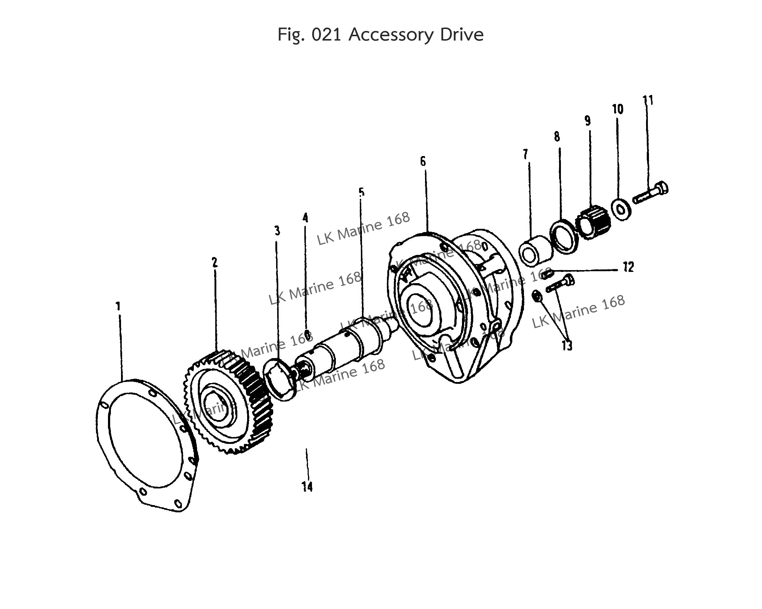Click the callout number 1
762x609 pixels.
(118, 306)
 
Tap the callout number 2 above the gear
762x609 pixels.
(215, 262)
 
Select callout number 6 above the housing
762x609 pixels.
(423, 161)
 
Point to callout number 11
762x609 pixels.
(648, 100)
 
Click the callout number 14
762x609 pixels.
(307, 487)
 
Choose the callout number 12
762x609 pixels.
(628, 267)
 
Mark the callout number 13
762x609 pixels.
(567, 345)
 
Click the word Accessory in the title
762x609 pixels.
(391, 35)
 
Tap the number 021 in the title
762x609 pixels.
(326, 35)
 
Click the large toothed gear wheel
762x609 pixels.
(230, 402)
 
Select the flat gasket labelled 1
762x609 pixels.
(145, 445)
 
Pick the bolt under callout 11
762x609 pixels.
(650, 194)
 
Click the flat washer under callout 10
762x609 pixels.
(622, 210)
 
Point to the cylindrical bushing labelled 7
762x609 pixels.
(534, 251)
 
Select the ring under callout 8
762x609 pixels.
(563, 238)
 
